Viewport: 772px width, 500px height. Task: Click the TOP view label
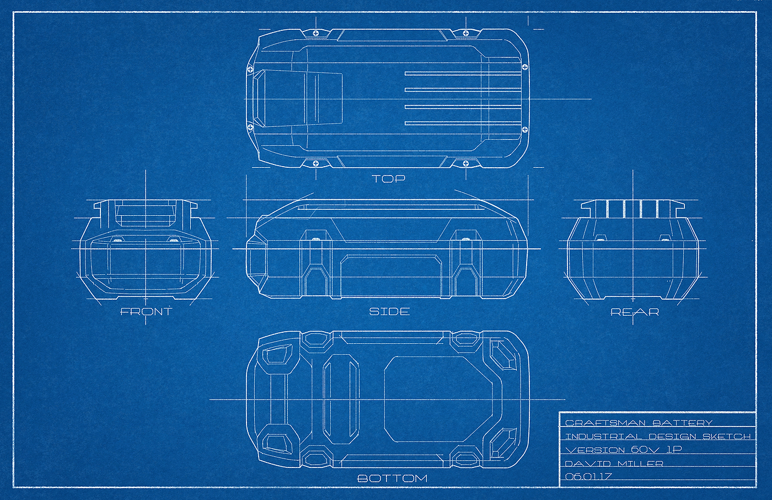click(389, 178)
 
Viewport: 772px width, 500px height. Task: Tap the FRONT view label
click(146, 312)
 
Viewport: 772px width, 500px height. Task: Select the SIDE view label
click(389, 312)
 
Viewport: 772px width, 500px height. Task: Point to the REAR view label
click(635, 312)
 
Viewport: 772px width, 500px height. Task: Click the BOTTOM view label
click(392, 478)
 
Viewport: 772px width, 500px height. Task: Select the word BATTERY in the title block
click(683, 423)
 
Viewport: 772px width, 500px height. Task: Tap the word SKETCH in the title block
click(726, 437)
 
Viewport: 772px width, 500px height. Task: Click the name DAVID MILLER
click(614, 464)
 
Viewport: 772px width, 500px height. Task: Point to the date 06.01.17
click(588, 476)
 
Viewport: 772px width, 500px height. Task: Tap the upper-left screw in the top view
click(316, 34)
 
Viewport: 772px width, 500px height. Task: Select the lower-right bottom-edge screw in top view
click(465, 163)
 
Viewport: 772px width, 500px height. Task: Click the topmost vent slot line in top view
click(463, 73)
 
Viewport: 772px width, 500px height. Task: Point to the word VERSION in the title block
click(596, 450)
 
